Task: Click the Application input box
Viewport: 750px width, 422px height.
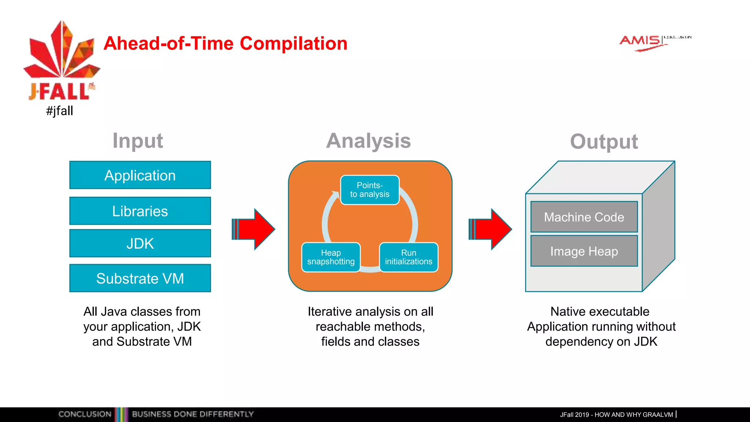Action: coord(140,175)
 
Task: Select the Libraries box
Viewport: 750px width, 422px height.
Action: coord(140,211)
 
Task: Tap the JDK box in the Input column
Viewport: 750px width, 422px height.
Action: coord(140,243)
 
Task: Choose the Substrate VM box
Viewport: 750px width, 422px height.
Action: coord(140,278)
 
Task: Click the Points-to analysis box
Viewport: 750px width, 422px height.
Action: coord(370,190)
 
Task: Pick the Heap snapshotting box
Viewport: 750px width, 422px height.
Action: coord(331,257)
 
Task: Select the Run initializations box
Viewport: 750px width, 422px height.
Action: coord(408,257)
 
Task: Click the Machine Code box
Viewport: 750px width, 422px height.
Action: coord(584,217)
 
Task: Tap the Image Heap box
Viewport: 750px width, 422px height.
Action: coord(584,251)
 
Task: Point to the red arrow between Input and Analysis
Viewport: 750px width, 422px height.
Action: coord(254,229)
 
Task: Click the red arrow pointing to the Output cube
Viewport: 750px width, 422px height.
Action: coord(491,229)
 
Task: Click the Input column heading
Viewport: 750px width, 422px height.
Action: coord(138,141)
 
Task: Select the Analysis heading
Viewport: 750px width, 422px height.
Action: coord(368,141)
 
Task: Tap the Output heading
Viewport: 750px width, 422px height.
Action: coord(604,141)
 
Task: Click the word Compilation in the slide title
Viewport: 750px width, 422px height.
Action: coord(293,43)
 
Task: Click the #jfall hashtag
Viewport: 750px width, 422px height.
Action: coord(59,111)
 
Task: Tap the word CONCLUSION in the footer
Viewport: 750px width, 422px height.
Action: coord(85,414)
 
